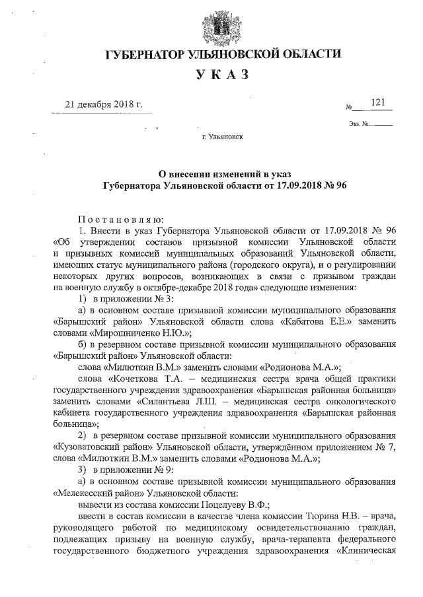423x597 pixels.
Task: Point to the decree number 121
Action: [378, 102]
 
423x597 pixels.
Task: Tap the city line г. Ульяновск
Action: [222, 139]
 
